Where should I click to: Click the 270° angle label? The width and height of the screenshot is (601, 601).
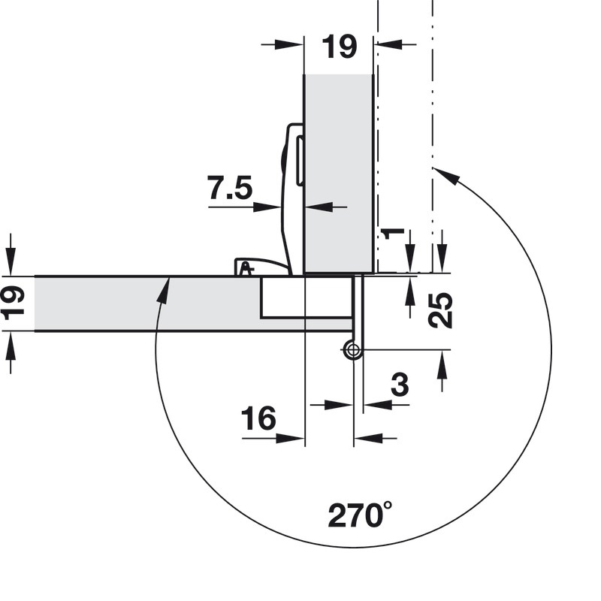(x=360, y=515)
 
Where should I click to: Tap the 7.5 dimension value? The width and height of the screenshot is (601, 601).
(x=230, y=188)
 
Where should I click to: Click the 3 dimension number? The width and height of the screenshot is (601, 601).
(x=400, y=385)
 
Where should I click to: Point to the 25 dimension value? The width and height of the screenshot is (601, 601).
(x=440, y=310)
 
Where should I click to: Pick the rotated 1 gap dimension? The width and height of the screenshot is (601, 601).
(x=394, y=233)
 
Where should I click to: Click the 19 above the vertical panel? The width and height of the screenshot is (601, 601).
(x=340, y=47)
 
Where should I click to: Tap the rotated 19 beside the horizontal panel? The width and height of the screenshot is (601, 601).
(x=13, y=303)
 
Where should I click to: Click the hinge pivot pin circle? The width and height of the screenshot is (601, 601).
(x=352, y=349)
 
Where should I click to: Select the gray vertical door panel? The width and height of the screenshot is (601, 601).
(x=338, y=174)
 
